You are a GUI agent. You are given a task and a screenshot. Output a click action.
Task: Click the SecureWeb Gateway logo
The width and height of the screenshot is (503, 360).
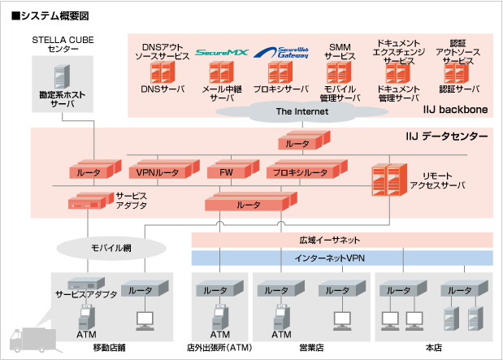[x=280, y=54]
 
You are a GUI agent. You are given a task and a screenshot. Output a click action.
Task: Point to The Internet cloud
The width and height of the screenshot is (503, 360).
[x=302, y=112]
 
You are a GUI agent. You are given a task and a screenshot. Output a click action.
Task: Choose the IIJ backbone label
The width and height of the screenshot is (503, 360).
[x=453, y=109]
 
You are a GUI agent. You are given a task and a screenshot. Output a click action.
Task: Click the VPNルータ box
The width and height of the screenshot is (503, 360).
[x=158, y=171]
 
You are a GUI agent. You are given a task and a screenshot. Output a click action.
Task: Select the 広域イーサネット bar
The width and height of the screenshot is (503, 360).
[x=341, y=241]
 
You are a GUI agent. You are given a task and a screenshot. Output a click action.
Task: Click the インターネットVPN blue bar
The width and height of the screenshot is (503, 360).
[x=341, y=258]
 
